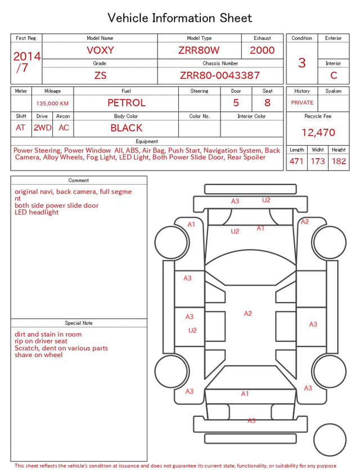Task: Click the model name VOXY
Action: (x=100, y=50)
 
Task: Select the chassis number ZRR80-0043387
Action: (x=220, y=75)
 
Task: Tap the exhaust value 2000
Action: (x=262, y=50)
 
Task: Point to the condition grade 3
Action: (x=302, y=63)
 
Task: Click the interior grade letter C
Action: (x=334, y=75)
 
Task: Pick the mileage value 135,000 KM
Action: (x=52, y=104)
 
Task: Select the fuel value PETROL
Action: (x=127, y=103)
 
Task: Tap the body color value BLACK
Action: (x=127, y=128)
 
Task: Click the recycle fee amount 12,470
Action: (x=318, y=132)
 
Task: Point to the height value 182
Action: (x=339, y=161)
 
